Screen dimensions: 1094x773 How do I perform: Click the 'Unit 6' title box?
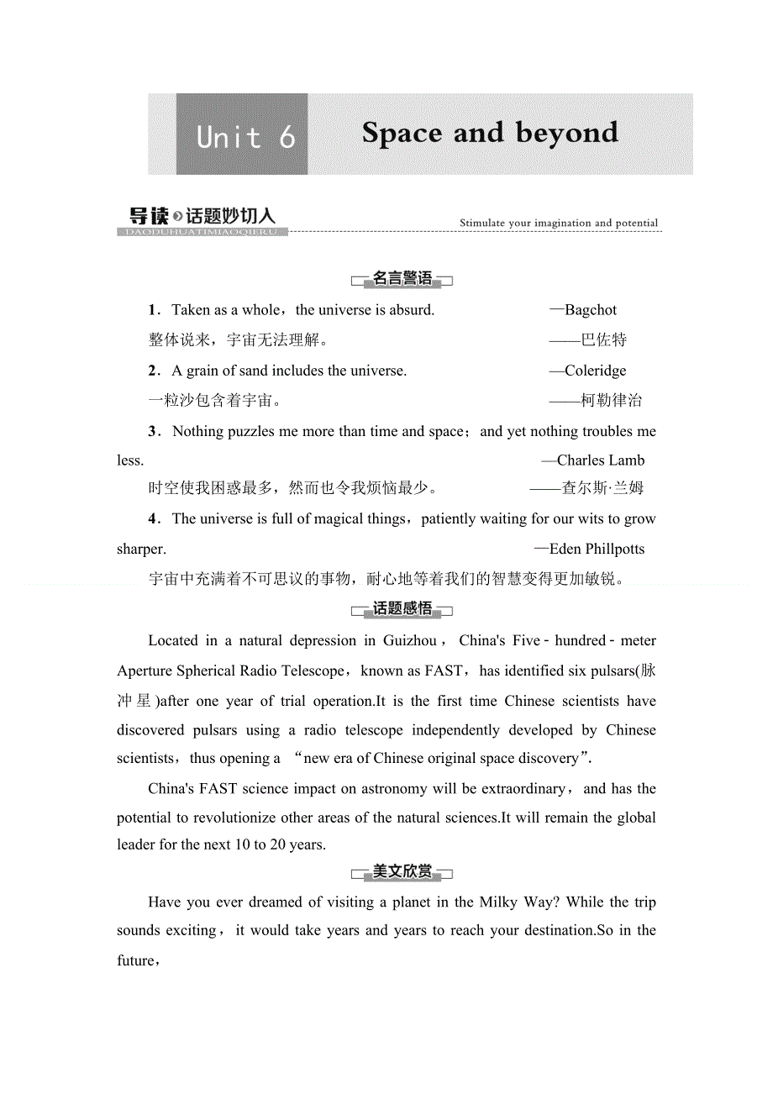tap(242, 134)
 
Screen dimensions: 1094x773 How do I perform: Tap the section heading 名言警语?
tap(402, 279)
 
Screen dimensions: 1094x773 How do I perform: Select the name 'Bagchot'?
tap(591, 310)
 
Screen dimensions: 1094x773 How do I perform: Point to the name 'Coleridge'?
tap(595, 371)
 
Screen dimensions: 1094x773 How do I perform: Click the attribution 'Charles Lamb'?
tap(601, 460)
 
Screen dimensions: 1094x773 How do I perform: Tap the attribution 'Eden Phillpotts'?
tap(597, 550)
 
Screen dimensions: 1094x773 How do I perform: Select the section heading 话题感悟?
tap(402, 609)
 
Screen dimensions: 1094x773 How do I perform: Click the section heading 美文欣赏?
tap(402, 872)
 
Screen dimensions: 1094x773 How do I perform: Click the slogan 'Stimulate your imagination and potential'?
tap(559, 224)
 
